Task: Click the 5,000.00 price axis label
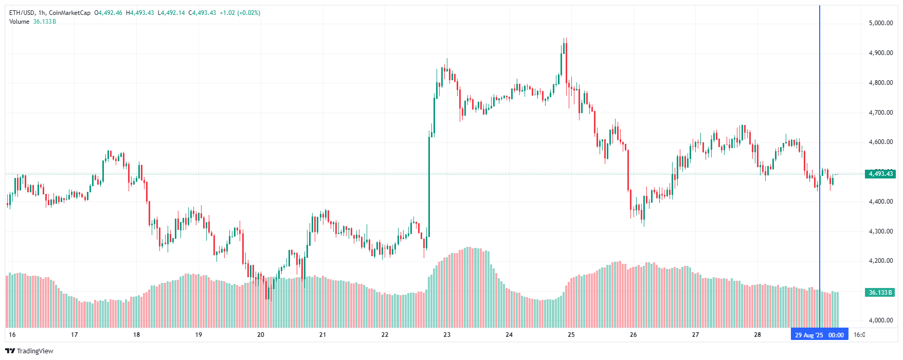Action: coord(880,23)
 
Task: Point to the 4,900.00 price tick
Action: coord(880,53)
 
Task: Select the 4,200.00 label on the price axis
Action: coord(880,261)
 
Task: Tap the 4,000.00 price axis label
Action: coord(880,320)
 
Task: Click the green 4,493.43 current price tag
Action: coord(880,174)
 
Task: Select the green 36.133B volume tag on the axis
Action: coord(880,293)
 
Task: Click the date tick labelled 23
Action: coord(447,335)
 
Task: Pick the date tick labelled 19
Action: coord(198,335)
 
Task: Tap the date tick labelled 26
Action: coord(633,335)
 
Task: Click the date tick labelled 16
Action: coord(12,335)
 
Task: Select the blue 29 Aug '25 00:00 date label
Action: coord(819,335)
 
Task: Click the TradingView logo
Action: coord(29,351)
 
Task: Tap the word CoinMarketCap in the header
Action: coord(69,13)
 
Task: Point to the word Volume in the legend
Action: coord(19,22)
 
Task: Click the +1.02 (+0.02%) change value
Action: coord(240,13)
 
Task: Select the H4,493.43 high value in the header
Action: coord(140,13)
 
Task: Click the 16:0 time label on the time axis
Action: coord(859,335)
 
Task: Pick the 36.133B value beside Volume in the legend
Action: coord(45,22)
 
